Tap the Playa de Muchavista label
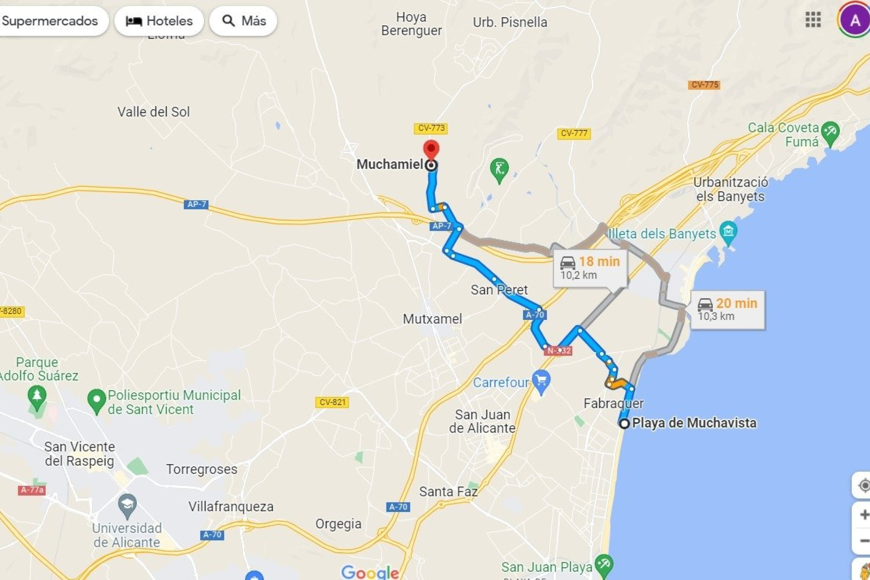694,423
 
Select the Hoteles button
159,21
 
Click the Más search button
243,21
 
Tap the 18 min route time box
590,268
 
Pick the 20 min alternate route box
727,309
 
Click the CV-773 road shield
431,128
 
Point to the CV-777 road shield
574,133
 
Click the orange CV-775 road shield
704,85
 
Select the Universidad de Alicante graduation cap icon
127,505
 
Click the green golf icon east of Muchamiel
499,169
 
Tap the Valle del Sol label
154,112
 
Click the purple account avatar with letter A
855,20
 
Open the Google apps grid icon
813,20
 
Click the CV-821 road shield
332,402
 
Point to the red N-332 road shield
558,350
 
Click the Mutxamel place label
432,319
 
